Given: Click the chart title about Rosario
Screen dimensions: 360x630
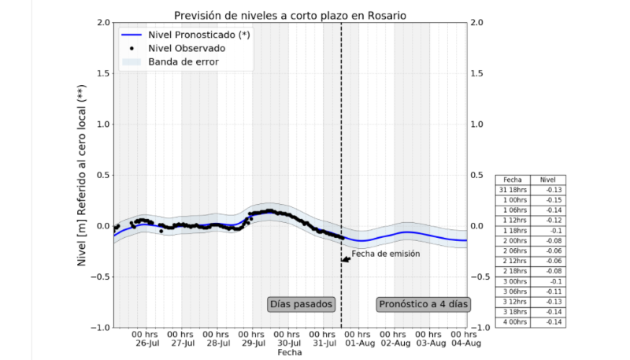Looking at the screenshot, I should pyautogui.click(x=291, y=13).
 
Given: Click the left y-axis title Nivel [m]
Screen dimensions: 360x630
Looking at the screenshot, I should pyautogui.click(x=82, y=175).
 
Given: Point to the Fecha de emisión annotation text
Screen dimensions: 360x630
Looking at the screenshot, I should pyautogui.click(x=386, y=254).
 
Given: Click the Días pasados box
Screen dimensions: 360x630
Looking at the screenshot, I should pyautogui.click(x=302, y=303).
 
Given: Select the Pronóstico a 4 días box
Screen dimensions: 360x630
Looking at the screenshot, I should pyautogui.click(x=423, y=303).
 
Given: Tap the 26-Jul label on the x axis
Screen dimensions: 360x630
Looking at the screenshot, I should pyautogui.click(x=148, y=343).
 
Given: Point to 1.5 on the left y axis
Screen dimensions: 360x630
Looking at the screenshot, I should pyautogui.click(x=100, y=73).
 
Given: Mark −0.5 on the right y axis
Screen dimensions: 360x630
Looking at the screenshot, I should pyautogui.click(x=482, y=276).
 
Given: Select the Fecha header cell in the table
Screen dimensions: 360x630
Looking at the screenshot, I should pyautogui.click(x=513, y=180).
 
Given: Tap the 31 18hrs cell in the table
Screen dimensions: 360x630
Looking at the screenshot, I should pyautogui.click(x=513, y=190).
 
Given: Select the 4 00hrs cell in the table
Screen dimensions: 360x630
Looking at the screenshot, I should pyautogui.click(x=513, y=321).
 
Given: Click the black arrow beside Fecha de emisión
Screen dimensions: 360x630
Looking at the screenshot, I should pyautogui.click(x=345, y=258).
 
